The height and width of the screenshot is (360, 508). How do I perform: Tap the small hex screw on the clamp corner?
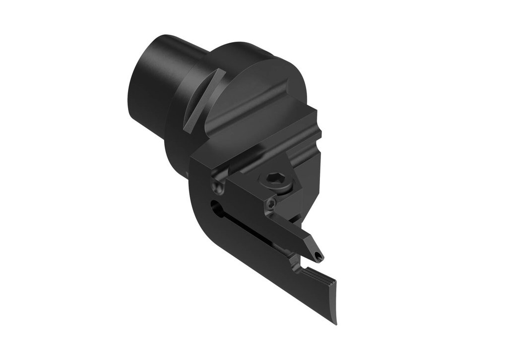tap(270, 204)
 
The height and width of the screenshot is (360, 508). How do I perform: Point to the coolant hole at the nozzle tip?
tap(317, 257)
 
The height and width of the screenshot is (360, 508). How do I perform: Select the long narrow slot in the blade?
tap(248, 228)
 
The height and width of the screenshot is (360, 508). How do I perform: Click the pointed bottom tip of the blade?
tap(335, 322)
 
